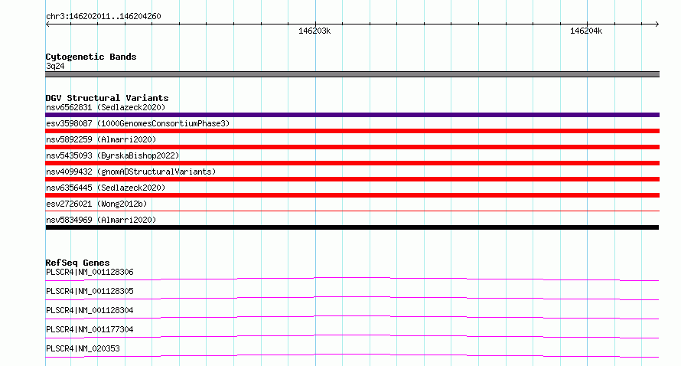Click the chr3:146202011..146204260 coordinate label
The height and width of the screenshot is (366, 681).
pos(103,17)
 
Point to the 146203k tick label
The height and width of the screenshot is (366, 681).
pos(314,31)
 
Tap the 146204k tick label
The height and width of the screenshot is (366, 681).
pos(586,31)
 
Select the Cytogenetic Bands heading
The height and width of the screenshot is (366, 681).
pos(91,57)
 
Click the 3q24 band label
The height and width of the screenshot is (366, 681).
pos(55,66)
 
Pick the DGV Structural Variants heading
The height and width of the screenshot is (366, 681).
pos(107,98)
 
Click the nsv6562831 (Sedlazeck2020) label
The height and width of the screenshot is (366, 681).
pos(106,107)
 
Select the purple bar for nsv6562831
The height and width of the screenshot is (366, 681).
pos(352,115)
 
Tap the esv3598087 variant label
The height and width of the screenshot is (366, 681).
pos(138,123)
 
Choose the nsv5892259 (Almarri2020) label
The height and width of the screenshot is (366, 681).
pos(101,139)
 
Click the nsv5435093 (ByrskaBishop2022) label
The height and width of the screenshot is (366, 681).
pos(112,155)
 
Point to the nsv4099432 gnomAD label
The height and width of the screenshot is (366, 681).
pos(131,172)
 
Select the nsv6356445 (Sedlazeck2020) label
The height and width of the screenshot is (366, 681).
pos(106,188)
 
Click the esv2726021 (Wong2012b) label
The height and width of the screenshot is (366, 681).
pos(96,204)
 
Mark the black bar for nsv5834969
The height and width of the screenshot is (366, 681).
pos(352,227)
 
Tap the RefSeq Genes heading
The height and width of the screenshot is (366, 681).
pos(77,263)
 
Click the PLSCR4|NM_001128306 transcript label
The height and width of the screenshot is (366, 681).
pos(90,272)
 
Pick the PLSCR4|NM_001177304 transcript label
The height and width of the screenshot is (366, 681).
pos(90,329)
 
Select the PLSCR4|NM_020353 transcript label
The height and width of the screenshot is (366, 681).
pos(83,348)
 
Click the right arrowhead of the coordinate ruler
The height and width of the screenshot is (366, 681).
pos(658,24)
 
